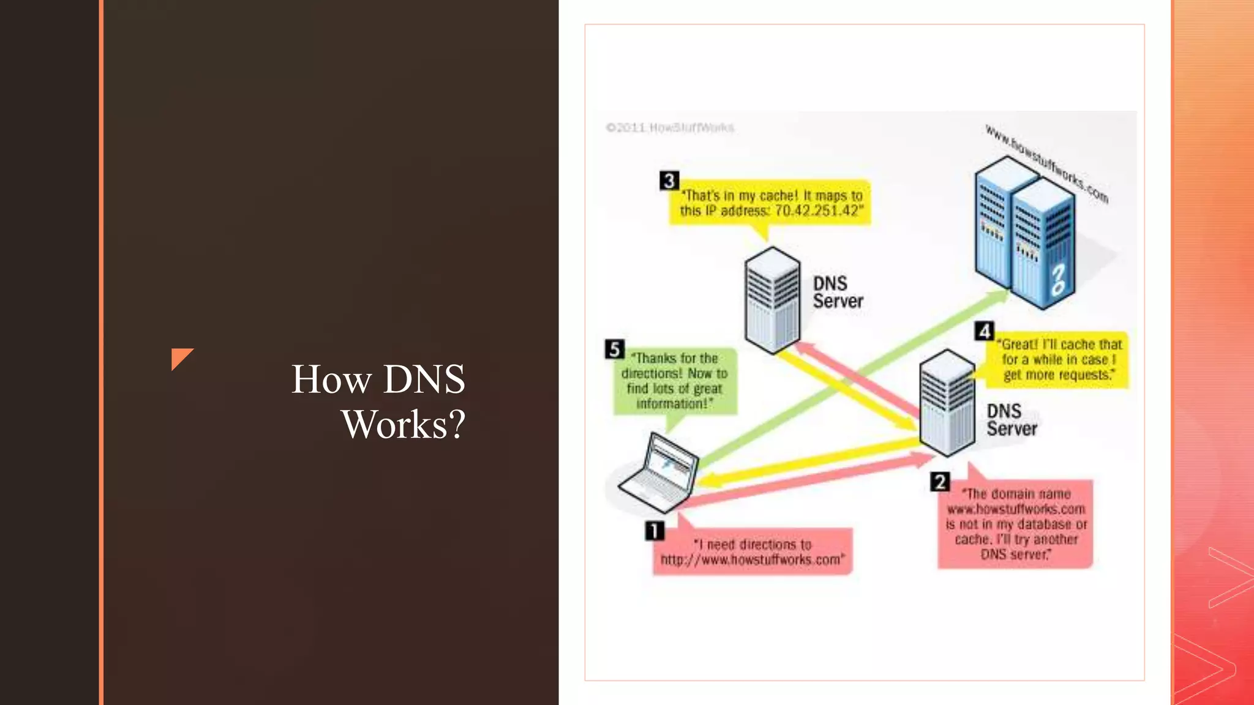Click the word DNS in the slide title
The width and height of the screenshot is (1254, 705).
(424, 379)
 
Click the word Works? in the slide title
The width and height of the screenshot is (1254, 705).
(404, 424)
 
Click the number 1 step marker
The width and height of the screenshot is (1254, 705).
(655, 531)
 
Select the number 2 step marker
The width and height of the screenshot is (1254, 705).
(940, 482)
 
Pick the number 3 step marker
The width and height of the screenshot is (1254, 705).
(669, 181)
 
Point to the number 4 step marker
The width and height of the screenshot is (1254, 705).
(984, 331)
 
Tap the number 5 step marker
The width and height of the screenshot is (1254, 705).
(614, 349)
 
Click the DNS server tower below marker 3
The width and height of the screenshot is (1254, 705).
(772, 300)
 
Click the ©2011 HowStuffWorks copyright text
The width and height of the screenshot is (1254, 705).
(670, 128)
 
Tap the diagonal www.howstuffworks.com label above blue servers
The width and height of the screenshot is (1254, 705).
(1046, 163)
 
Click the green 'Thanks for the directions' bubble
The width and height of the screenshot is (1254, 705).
(675, 381)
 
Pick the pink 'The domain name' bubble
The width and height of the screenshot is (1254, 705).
(1015, 524)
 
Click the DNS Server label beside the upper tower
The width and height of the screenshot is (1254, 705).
(837, 293)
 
